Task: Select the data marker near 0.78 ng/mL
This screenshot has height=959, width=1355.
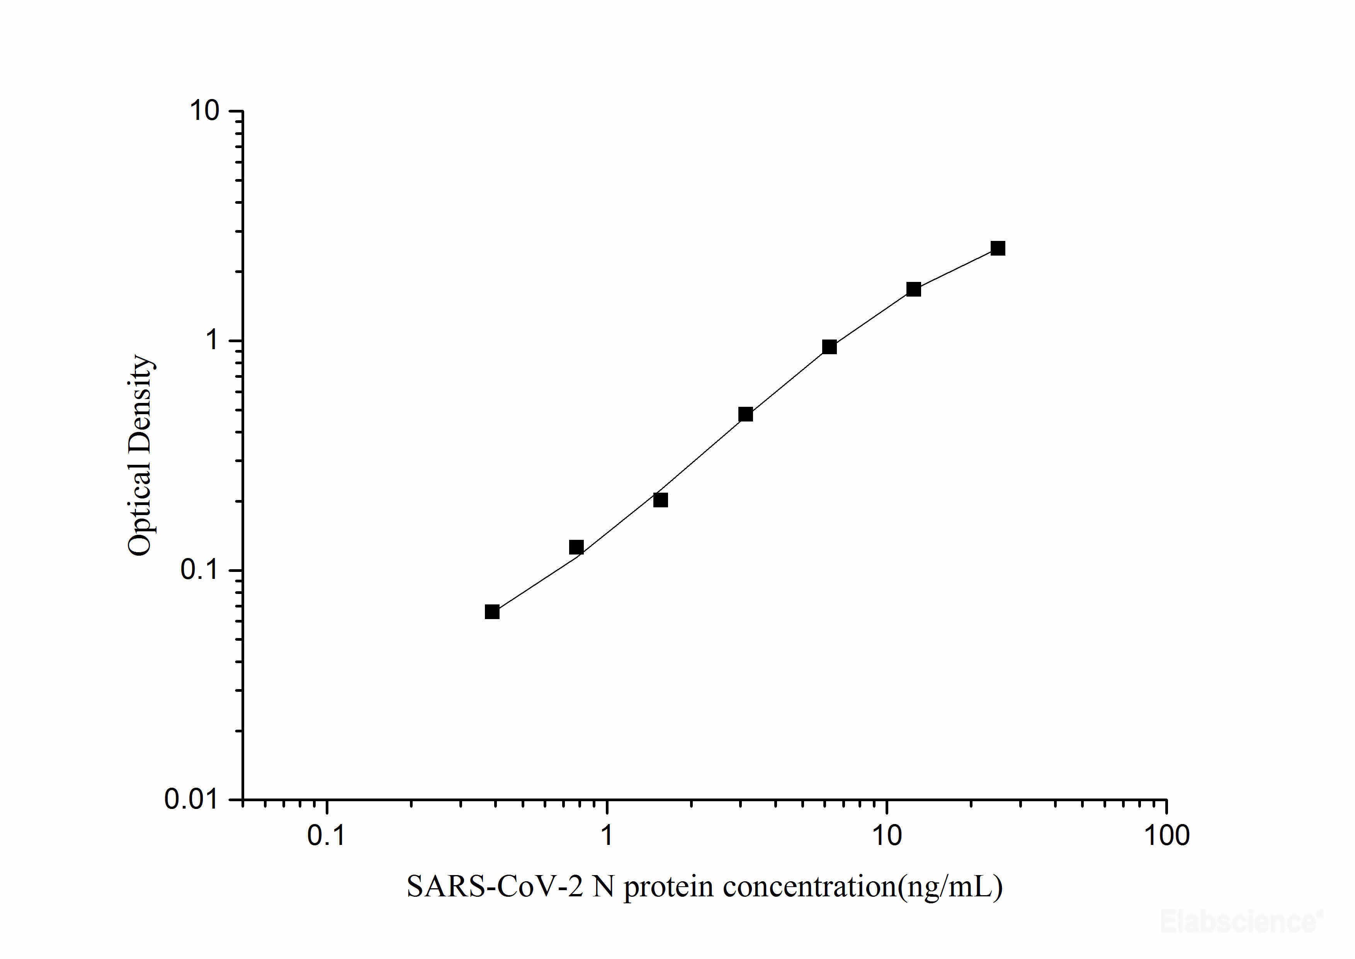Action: (576, 548)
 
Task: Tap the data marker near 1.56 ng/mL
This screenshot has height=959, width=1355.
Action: (660, 500)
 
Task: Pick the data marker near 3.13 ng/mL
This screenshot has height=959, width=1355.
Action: (745, 415)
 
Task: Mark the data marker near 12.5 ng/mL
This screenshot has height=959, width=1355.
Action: (913, 289)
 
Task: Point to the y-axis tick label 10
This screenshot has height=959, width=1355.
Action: (204, 111)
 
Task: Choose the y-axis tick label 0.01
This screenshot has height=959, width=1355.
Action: (190, 800)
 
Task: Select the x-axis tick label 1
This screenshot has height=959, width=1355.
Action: (607, 836)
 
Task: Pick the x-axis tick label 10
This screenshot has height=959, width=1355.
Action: (886, 836)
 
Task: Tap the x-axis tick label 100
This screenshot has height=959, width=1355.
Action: (1166, 836)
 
